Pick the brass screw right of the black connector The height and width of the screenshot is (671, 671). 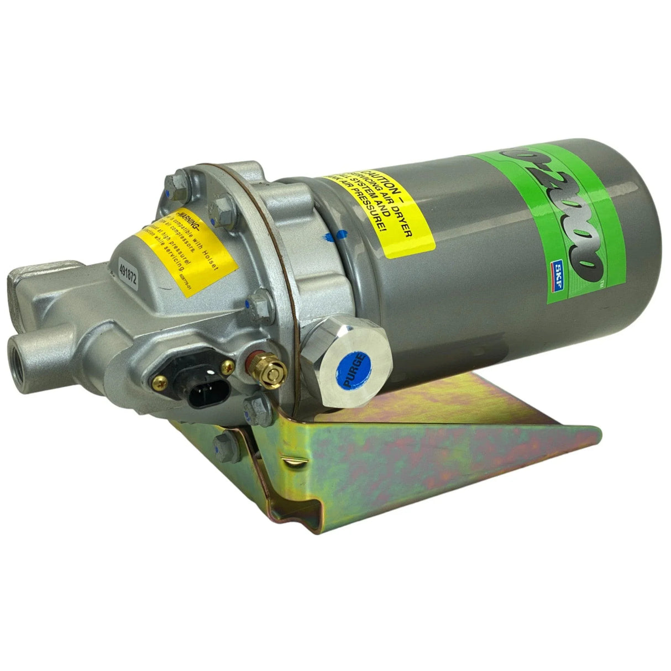(226, 365)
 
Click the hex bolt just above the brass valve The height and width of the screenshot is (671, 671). (258, 305)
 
